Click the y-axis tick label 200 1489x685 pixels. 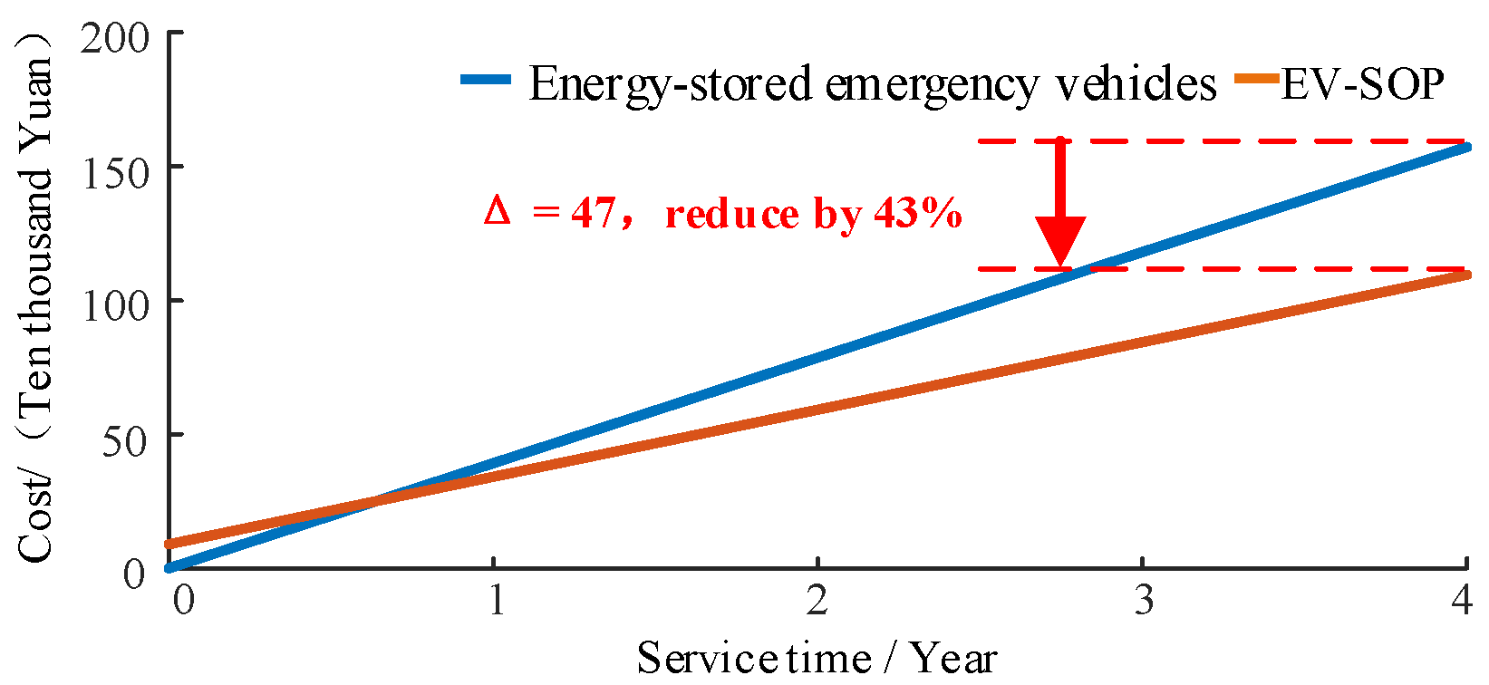click(114, 38)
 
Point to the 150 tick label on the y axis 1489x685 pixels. click(114, 172)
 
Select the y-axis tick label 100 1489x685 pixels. click(114, 306)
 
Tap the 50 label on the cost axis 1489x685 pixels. click(125, 440)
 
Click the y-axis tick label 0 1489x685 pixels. click(134, 573)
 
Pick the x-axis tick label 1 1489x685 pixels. click(496, 600)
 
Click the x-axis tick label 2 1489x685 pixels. click(817, 600)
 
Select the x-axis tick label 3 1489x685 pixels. click(1144, 600)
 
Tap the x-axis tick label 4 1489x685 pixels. click(1461, 600)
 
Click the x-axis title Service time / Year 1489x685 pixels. click(816, 657)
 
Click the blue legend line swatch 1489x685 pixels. click(486, 80)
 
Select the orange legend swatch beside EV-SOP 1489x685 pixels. click(1258, 80)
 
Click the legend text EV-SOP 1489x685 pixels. click(1362, 83)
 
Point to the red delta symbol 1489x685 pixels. click(497, 212)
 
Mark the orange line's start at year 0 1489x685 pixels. click(169, 545)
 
